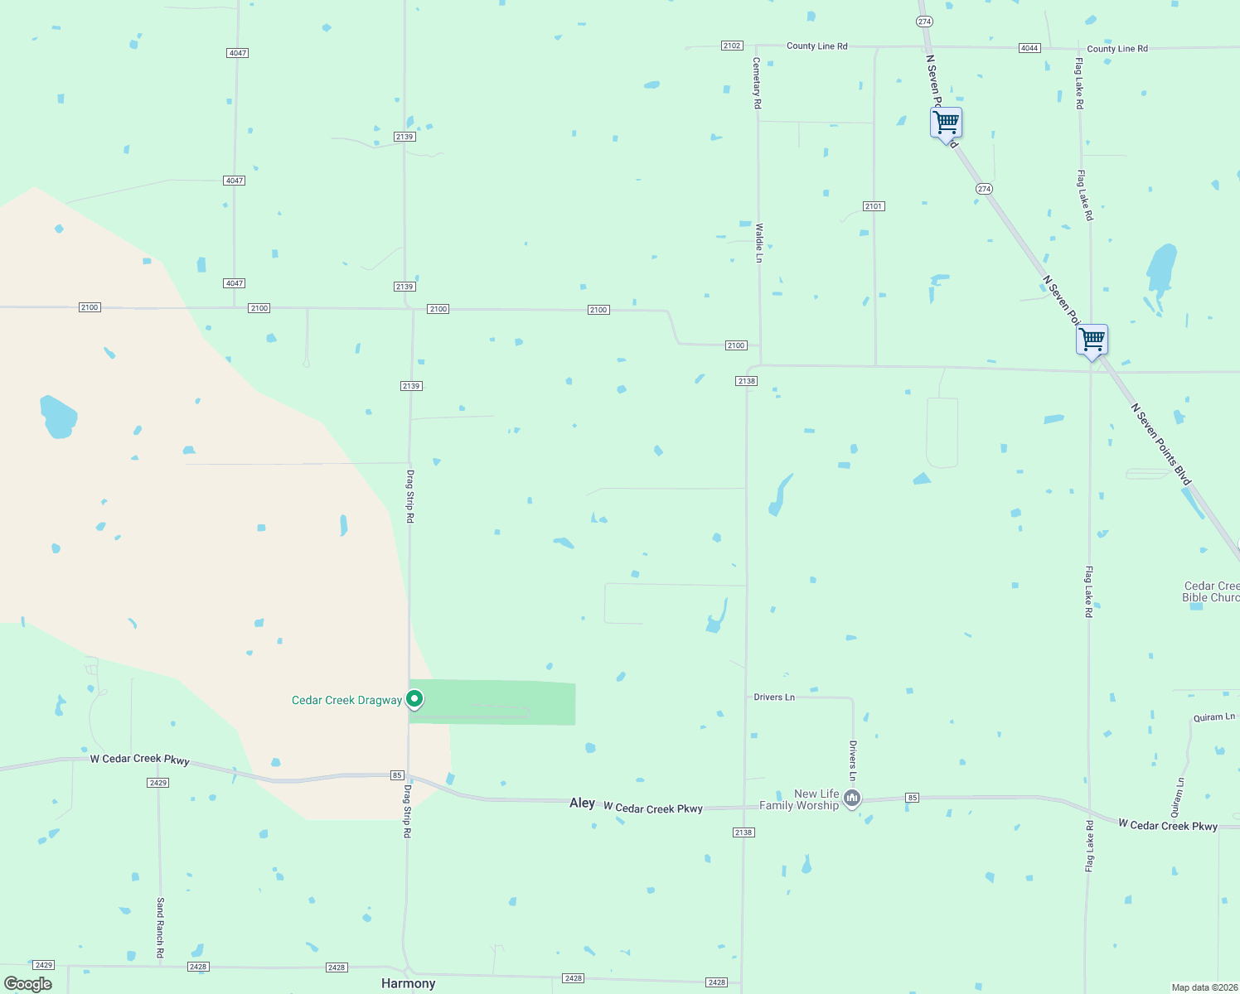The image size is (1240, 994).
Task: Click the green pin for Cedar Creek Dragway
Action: [x=414, y=699]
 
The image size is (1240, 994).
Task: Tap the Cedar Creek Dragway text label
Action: [x=346, y=701]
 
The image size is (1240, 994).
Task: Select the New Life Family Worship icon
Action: [x=852, y=799]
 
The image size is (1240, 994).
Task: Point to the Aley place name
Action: [x=582, y=803]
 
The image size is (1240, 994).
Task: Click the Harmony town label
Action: [x=408, y=983]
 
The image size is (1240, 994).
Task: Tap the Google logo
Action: [x=27, y=984]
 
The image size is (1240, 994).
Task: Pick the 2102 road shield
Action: [x=732, y=46]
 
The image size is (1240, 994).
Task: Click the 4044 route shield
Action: [x=1029, y=48]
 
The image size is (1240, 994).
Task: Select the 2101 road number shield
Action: [x=874, y=206]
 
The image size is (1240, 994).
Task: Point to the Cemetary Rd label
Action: [x=757, y=83]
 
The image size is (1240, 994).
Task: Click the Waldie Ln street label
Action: [x=758, y=243]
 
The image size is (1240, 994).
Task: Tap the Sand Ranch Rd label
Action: [x=161, y=928]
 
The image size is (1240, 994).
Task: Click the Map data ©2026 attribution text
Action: [x=1203, y=987]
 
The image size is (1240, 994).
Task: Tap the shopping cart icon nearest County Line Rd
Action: [x=946, y=123]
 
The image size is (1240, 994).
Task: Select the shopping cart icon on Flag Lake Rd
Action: [x=1092, y=340]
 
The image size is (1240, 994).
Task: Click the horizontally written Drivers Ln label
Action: [x=774, y=697]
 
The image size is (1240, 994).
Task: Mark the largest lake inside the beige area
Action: [x=58, y=416]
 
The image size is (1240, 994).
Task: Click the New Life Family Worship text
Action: [x=800, y=799]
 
